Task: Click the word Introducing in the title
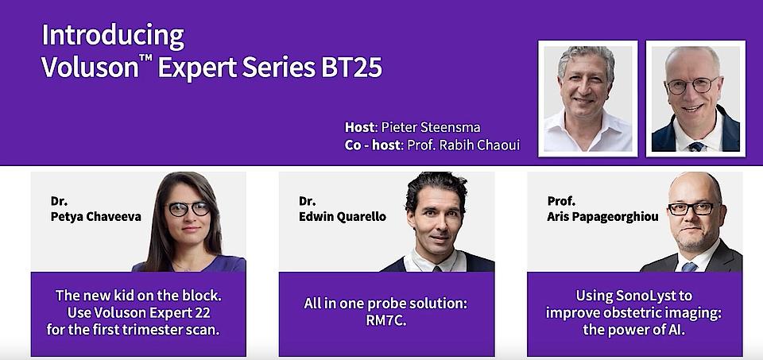113,37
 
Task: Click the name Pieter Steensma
431,127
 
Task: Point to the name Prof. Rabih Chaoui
463,145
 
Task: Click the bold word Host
359,127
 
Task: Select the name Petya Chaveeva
96,216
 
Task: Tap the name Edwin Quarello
343,216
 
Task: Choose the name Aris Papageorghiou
602,217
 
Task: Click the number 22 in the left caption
203,312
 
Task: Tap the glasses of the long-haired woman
189,209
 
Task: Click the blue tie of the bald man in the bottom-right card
689,266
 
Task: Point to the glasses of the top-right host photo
693,86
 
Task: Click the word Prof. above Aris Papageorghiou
561,200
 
